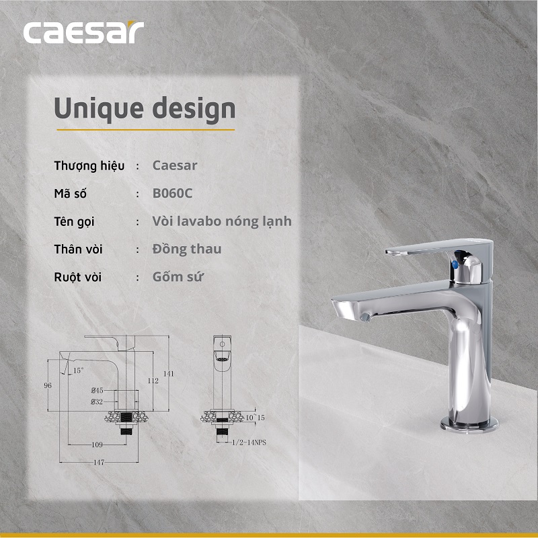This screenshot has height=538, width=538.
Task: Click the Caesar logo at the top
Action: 83,32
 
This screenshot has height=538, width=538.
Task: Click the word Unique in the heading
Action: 89,108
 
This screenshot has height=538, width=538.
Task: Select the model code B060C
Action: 172,194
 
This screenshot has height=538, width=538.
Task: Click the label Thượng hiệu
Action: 89,165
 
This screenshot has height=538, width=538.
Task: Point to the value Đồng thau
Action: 187,249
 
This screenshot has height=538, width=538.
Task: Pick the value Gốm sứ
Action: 179,276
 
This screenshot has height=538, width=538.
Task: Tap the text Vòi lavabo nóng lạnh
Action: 222,221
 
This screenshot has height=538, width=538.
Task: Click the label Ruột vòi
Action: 78,276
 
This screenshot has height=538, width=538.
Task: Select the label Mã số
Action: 71,194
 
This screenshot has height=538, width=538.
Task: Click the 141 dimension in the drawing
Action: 169,374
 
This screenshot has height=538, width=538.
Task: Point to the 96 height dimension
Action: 48,385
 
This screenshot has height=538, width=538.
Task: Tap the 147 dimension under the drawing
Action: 99,463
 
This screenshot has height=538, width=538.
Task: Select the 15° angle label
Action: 78,371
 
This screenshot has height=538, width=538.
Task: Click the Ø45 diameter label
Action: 97,390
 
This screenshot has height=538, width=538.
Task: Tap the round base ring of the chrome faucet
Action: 470,424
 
